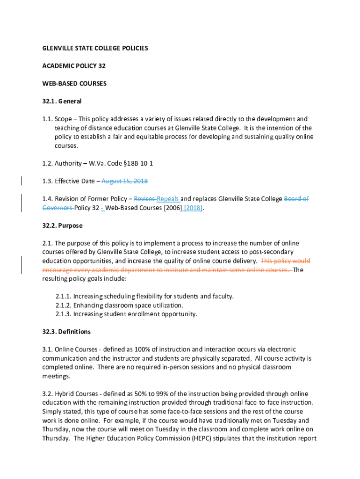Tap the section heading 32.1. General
point(62,102)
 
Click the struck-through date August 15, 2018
point(125,181)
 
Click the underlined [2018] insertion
point(193,208)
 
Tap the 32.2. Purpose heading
point(63,225)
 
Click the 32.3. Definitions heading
point(66,332)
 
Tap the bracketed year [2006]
point(172,208)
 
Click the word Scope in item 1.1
point(63,119)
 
